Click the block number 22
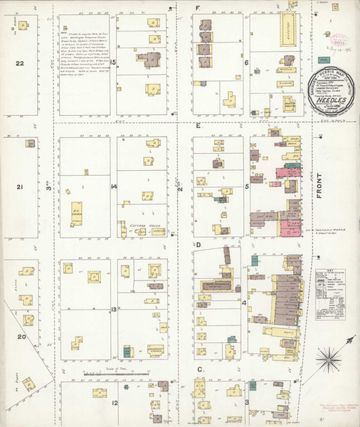coord(21,63)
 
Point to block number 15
coord(112,62)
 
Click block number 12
coord(114,403)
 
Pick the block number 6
coord(246,62)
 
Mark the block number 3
coord(247,402)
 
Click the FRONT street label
coord(320,186)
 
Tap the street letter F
coord(197,9)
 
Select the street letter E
coord(197,124)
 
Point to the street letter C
coord(201,369)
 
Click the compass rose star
coord(332,357)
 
